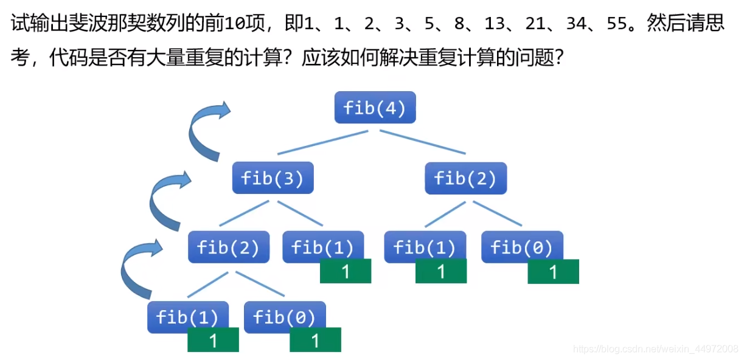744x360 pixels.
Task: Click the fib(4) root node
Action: pos(375,108)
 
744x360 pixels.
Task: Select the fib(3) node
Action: pos(273,178)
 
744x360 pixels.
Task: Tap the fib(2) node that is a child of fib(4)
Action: pos(465,178)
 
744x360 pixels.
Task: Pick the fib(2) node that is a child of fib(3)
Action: pos(228,247)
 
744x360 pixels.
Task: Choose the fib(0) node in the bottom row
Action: pos(284,316)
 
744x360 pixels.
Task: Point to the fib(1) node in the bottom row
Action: pos(187,316)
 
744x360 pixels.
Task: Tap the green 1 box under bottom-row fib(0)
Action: pos(315,340)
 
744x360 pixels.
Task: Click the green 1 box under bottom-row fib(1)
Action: pos(213,340)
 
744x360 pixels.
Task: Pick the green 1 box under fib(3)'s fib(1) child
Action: pos(346,271)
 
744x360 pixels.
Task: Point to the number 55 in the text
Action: pos(621,25)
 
